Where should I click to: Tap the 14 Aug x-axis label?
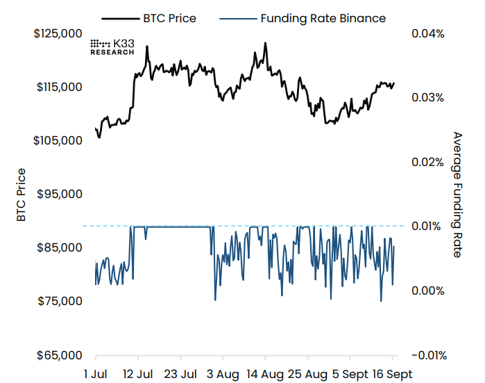click(265, 374)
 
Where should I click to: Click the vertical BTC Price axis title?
click(22, 195)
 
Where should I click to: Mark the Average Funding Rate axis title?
click(457, 195)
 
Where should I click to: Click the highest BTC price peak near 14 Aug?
click(265, 43)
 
